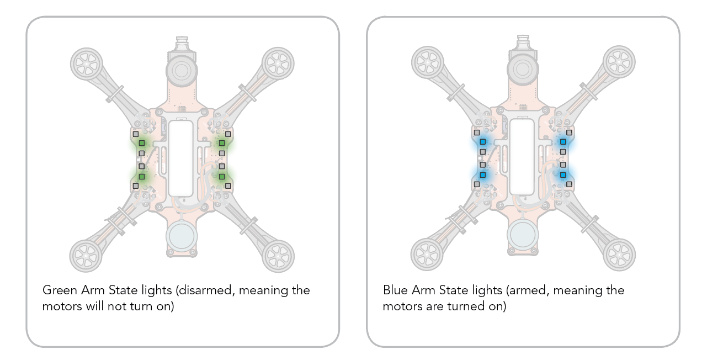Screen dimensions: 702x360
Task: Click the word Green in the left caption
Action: coord(60,290)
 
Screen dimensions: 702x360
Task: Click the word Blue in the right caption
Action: coord(395,290)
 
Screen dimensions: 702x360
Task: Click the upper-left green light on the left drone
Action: coord(142,143)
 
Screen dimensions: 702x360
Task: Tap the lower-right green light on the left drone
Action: coord(222,177)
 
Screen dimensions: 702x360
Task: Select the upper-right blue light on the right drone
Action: coord(563,142)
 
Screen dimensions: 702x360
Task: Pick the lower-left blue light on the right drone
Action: coord(482,174)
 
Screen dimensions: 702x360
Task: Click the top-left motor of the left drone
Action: coord(87,64)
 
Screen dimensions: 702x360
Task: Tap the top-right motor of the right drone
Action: coord(619,62)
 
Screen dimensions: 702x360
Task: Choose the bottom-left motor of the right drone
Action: coord(427,255)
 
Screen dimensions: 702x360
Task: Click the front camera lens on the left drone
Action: coord(182,71)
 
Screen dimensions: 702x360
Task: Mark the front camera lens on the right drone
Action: coord(523,70)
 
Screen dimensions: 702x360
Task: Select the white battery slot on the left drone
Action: coord(181,158)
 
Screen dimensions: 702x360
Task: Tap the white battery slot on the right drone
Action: coord(522,157)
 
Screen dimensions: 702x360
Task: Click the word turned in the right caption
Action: coord(466,306)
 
